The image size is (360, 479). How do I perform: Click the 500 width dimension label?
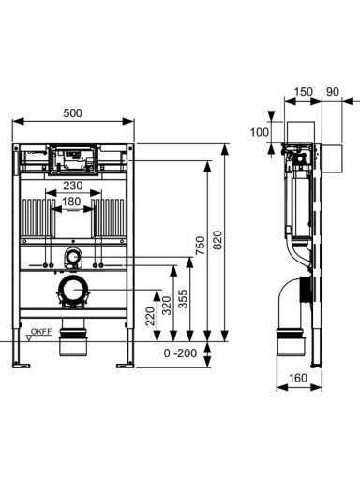tap(72, 112)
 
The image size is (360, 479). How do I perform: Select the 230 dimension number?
tap(73, 186)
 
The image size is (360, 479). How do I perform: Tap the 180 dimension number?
tap(71, 202)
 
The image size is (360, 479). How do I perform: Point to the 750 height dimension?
tap(201, 246)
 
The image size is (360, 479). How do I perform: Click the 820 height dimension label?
tap(217, 240)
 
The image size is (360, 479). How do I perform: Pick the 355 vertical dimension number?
tap(183, 299)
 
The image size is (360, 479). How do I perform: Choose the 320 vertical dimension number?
tap(166, 306)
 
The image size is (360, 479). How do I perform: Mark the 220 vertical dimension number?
tap(150, 316)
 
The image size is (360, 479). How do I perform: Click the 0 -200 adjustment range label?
tap(180, 353)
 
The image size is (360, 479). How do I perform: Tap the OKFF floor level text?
tap(41, 332)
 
